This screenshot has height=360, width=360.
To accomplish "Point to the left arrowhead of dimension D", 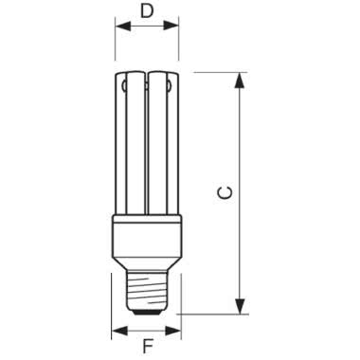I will click(119, 29).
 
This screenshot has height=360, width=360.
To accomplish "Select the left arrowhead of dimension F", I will click(117, 332).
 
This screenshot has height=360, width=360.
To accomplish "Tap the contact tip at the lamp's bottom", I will click(147, 309).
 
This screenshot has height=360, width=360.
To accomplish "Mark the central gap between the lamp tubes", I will click(147, 142).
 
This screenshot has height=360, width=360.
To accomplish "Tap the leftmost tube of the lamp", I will click(120, 142).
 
